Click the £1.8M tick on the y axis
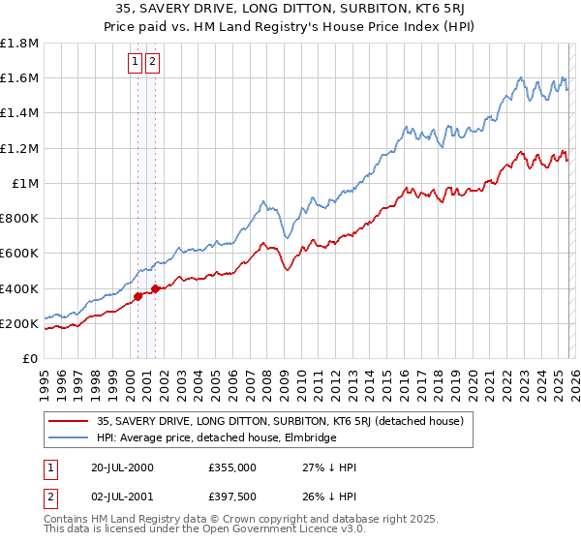(19, 44)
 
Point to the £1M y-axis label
(25, 183)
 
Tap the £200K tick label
(19, 323)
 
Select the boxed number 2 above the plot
(153, 62)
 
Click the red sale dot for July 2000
(138, 296)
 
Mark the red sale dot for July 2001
(155, 288)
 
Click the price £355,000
(231, 467)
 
